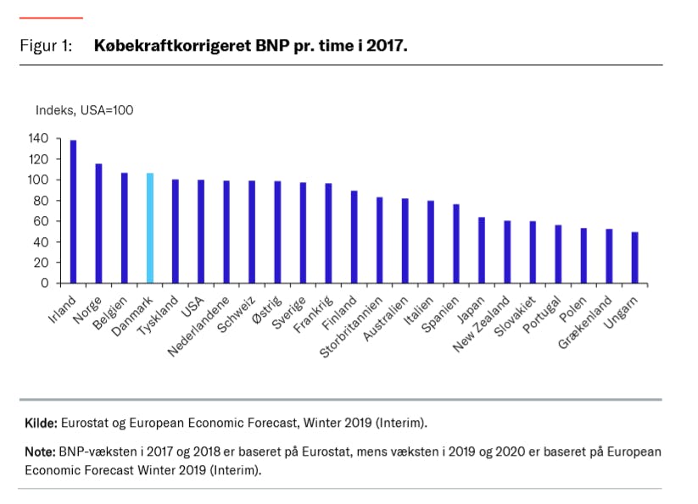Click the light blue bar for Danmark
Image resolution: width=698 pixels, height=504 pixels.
150,228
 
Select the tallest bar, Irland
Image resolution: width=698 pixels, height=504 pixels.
73,212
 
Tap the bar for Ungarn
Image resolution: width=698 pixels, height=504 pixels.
634,258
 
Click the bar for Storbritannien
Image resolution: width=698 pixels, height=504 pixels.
379,240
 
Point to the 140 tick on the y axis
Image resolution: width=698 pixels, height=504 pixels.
39,138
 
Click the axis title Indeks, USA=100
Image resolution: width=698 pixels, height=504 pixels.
84,110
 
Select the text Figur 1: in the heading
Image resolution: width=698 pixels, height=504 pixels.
46,46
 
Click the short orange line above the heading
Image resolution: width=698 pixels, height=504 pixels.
51,17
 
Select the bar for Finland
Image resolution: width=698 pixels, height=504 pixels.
354,237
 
